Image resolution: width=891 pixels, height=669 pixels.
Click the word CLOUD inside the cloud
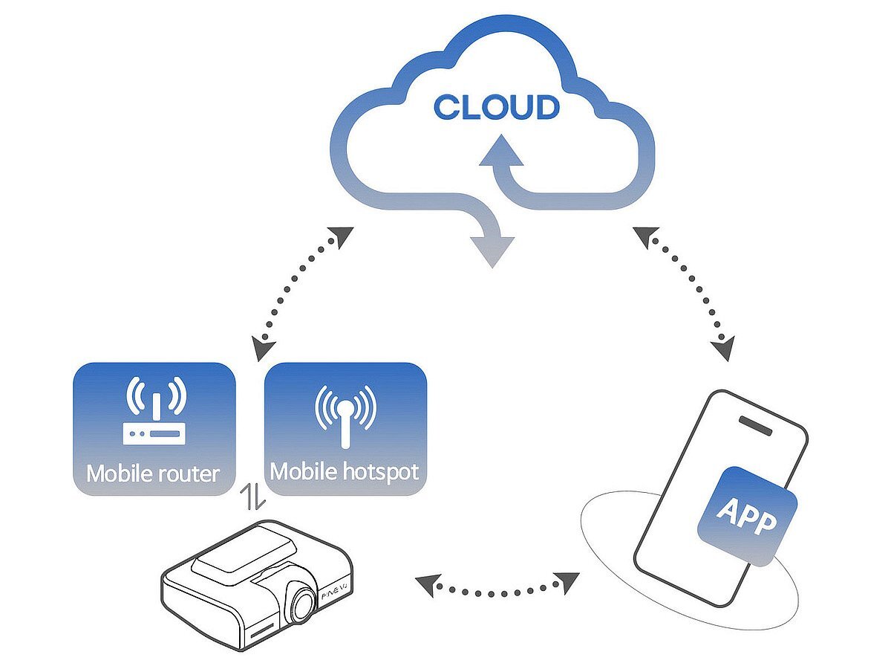pyautogui.click(x=496, y=107)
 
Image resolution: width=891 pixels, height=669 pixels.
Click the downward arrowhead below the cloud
pyautogui.click(x=492, y=251)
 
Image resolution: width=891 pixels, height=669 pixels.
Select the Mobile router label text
pyautogui.click(x=153, y=473)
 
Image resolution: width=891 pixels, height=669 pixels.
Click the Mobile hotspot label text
pyautogui.click(x=345, y=471)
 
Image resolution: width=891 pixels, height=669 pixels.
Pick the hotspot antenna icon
pyautogui.click(x=345, y=416)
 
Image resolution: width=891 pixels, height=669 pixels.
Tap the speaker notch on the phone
pyautogui.click(x=759, y=427)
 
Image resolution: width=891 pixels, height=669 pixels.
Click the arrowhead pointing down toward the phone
pyautogui.click(x=723, y=347)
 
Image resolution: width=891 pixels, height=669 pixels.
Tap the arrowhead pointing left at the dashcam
pyautogui.click(x=426, y=586)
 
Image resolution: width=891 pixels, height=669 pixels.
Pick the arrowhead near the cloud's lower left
pyautogui.click(x=341, y=236)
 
